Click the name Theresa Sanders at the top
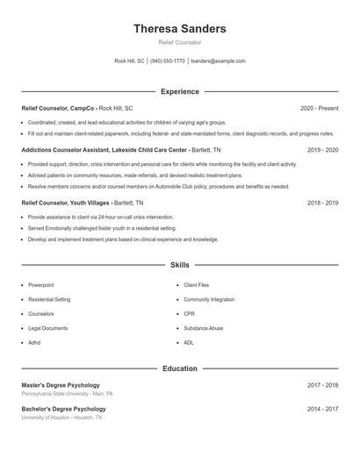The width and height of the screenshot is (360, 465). (179, 29)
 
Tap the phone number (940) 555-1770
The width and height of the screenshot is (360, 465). (167, 61)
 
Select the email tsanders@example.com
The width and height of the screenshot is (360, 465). (218, 61)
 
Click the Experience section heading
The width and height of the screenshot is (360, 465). (179, 91)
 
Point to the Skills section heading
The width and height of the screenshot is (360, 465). (179, 264)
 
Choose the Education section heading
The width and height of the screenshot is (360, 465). (179, 368)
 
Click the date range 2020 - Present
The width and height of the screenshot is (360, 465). (319, 108)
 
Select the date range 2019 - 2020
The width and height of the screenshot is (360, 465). (322, 150)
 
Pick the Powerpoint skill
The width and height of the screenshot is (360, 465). (40, 285)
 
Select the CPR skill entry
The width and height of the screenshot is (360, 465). (190, 313)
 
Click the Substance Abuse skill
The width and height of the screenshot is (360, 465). (204, 328)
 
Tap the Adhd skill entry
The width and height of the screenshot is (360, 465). (34, 342)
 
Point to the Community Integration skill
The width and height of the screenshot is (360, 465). (209, 299)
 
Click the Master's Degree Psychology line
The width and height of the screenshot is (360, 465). (61, 385)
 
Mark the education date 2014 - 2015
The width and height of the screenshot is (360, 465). (322, 409)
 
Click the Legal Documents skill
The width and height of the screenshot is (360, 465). (47, 328)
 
